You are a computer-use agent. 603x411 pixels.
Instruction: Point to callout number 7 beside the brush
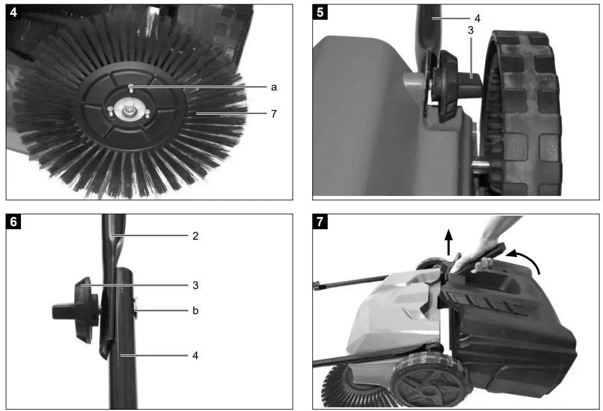click(x=274, y=114)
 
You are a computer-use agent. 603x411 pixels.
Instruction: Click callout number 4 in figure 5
click(x=477, y=19)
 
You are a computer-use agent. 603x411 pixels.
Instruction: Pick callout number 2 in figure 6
click(x=195, y=236)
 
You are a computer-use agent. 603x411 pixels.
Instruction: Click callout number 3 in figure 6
click(x=195, y=285)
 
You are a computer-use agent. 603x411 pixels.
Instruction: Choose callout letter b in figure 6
click(x=195, y=311)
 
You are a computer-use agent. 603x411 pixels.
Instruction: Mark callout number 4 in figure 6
click(x=195, y=356)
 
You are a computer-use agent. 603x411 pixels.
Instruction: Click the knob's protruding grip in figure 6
click(x=62, y=311)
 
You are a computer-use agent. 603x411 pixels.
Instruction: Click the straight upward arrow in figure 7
click(x=448, y=241)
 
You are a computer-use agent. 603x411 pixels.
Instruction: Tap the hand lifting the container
click(x=487, y=246)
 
